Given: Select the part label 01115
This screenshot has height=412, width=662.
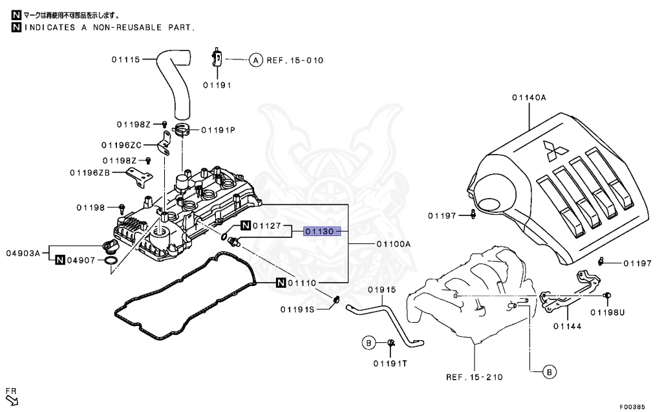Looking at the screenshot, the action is point(126,60).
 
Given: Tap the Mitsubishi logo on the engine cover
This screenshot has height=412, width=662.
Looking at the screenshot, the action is point(555,150).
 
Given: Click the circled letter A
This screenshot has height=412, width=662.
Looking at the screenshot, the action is point(255,60).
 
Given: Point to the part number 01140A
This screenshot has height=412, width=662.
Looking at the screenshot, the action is point(529,98).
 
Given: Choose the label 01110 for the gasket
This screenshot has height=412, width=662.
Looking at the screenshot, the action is point(302,283).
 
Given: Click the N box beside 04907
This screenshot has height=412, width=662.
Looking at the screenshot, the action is point(60,260).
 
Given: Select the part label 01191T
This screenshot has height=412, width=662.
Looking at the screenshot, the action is point(390,363).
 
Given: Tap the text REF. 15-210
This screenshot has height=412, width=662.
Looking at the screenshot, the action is point(475,377).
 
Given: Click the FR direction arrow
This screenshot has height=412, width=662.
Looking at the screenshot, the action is point(12,400).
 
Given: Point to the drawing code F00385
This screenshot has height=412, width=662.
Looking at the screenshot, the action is point(632,407).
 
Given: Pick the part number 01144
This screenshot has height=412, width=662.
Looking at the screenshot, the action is point(567,326).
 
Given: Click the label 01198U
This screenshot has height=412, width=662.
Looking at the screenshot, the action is point(607,312).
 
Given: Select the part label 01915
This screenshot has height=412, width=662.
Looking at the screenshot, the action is point(381,290).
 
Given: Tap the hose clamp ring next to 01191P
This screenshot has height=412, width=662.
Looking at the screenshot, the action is point(182,129).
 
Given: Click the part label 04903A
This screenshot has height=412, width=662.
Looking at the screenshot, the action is point(23,253).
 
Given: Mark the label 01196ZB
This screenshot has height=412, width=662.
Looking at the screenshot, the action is point(89,173).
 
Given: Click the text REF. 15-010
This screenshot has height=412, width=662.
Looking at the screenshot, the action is point(295,60).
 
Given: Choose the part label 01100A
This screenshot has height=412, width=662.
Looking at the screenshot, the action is point(394,244).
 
